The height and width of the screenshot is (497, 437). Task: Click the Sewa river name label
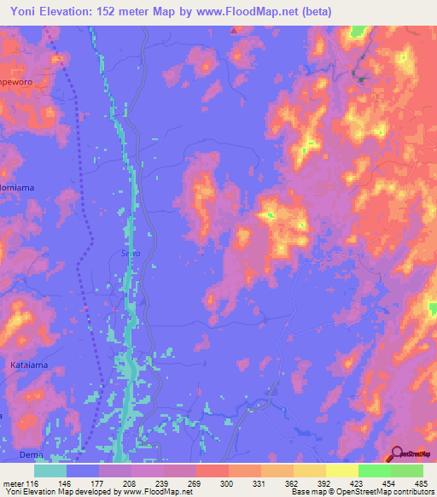(x=119, y=252)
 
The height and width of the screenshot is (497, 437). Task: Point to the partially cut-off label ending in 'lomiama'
(x=16, y=184)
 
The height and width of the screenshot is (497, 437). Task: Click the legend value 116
(x=34, y=484)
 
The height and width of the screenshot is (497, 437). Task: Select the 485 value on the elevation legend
(x=422, y=484)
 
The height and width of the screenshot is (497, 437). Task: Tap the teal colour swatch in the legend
(x=50, y=471)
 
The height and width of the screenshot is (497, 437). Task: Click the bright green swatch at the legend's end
(x=407, y=471)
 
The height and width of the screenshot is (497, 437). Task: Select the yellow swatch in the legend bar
(x=342, y=471)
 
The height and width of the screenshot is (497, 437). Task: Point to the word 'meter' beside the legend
(x=14, y=484)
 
